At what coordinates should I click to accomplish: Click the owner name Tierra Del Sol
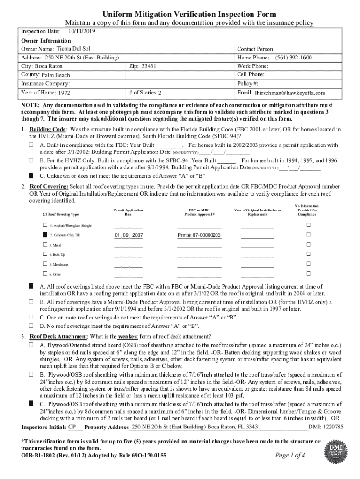73,49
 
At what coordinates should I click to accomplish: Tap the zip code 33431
149,66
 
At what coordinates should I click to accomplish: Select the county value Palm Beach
56,75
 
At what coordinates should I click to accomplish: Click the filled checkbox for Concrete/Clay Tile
45,235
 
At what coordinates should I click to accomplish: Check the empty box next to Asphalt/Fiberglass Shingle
45,225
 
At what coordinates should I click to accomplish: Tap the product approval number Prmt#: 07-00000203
199,235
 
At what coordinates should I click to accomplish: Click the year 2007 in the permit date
138,235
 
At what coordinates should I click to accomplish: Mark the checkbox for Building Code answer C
31,175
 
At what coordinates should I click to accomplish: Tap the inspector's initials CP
72,427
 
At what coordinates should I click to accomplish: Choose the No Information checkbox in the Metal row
308,244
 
